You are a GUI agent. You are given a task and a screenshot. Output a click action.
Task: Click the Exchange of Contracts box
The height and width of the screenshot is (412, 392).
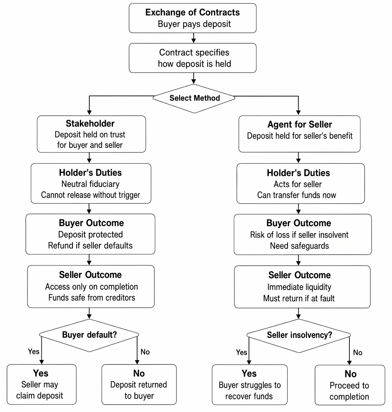click(193, 18)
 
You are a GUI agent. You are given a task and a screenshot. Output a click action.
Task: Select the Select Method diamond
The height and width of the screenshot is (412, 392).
click(194, 99)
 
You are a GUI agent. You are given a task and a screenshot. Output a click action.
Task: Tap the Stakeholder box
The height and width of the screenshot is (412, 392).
click(91, 134)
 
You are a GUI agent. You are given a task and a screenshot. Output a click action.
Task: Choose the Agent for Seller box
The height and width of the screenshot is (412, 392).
click(299, 134)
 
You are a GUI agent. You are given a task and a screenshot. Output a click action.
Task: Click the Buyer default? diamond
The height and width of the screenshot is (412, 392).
click(89, 335)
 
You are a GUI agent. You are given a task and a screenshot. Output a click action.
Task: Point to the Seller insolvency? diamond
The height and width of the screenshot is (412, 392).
click(299, 335)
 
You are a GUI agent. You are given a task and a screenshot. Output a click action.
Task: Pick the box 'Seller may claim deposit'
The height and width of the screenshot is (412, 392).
click(41, 385)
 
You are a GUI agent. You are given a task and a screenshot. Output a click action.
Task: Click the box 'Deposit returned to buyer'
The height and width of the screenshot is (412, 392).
click(139, 385)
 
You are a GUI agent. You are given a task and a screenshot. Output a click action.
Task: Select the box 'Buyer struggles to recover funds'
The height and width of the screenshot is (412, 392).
click(250, 385)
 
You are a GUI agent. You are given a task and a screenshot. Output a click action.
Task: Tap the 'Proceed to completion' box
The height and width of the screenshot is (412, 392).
click(350, 385)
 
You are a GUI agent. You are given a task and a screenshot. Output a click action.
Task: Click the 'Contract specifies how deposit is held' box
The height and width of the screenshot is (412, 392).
click(193, 58)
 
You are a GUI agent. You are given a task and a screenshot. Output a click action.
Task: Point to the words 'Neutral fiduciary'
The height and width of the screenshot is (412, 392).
click(91, 184)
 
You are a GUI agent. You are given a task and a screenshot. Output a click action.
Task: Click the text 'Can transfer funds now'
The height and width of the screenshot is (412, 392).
click(297, 195)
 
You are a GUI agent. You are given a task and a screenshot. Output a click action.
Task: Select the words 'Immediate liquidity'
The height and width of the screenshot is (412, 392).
click(299, 287)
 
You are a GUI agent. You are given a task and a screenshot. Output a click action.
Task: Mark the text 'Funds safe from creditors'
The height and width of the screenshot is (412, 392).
click(92, 297)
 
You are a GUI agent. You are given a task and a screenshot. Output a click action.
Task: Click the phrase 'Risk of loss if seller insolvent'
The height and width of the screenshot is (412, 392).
click(299, 235)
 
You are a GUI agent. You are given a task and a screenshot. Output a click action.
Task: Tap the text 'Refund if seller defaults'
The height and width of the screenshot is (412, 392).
click(90, 245)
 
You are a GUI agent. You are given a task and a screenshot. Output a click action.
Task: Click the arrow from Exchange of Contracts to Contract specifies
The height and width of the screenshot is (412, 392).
click(194, 38)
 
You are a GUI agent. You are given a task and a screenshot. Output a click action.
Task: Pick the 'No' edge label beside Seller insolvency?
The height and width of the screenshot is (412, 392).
click(358, 353)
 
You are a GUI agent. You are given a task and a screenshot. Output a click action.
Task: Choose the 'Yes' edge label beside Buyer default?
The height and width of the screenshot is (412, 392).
click(34, 351)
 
